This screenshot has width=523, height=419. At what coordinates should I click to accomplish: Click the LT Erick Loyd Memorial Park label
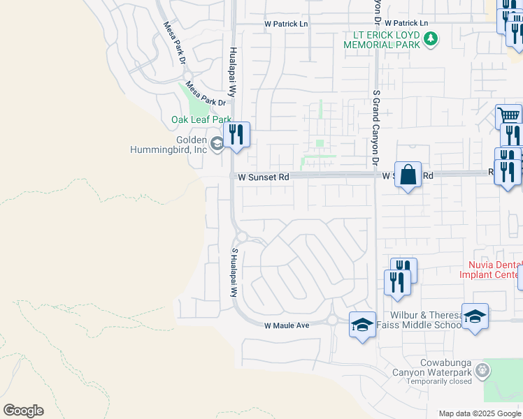(x=382, y=40)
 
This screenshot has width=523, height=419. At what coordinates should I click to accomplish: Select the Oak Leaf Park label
(x=201, y=119)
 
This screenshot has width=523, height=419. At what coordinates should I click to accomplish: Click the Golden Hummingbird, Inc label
(x=169, y=144)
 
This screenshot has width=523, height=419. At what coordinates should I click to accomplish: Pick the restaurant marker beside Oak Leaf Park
(x=236, y=134)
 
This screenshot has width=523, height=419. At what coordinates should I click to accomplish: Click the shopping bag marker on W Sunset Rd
(x=408, y=175)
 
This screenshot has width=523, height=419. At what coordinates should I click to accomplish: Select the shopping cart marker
(x=508, y=116)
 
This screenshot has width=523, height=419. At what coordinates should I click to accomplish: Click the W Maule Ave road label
(x=286, y=325)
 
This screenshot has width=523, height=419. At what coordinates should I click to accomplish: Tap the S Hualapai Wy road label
(x=235, y=273)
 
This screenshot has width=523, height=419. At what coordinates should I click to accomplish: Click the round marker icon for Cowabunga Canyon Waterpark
(x=481, y=368)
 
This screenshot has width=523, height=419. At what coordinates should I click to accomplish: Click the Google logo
(x=23, y=411)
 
